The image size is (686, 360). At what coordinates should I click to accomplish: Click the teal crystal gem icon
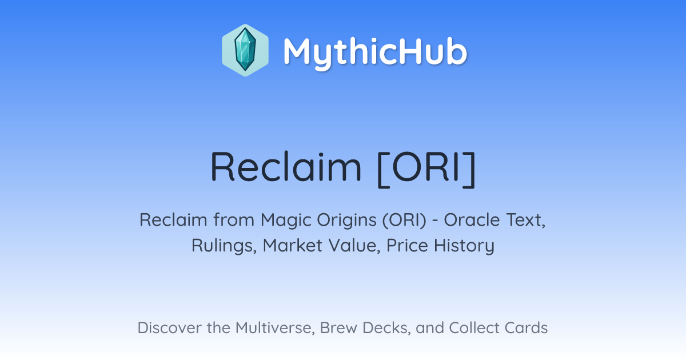point(245,50)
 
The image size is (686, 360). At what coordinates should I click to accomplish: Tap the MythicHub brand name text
point(375,52)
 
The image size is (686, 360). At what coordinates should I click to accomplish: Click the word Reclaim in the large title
point(286,167)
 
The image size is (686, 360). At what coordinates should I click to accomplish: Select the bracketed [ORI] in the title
point(426,169)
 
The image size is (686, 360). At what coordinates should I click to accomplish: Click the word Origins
point(346,221)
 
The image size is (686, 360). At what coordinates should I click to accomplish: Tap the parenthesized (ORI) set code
point(404,220)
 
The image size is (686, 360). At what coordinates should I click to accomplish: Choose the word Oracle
point(472,219)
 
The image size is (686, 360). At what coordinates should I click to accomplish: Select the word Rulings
point(224,246)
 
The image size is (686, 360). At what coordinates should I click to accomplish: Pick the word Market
point(293,245)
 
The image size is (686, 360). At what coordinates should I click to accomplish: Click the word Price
point(407,245)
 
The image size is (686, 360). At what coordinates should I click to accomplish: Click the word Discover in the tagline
point(169,327)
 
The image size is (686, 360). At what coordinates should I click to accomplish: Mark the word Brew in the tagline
point(338,327)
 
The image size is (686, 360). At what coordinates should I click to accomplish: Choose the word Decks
point(386,328)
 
